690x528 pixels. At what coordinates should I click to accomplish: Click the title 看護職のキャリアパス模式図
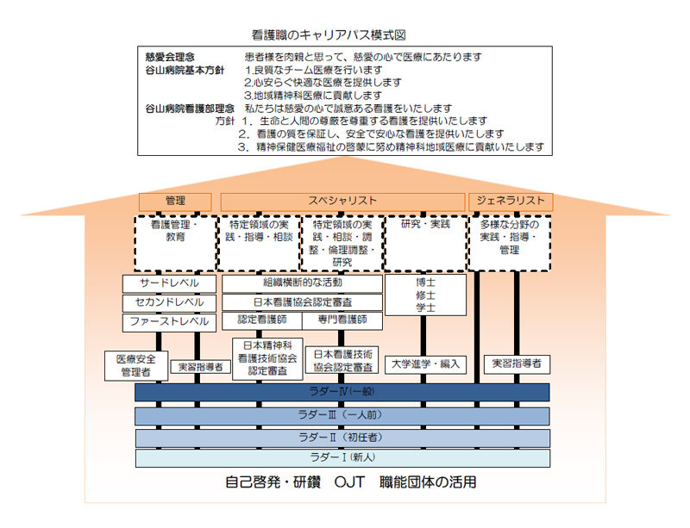tap(329, 35)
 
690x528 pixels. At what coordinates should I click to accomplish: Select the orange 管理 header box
tap(175, 202)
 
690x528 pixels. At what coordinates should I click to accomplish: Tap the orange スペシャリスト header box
tap(342, 202)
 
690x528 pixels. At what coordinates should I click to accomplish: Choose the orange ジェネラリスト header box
tap(511, 202)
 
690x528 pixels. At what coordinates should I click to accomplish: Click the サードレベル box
tap(169, 283)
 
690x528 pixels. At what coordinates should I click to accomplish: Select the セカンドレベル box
tap(169, 303)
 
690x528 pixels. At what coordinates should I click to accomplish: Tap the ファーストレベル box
tap(169, 323)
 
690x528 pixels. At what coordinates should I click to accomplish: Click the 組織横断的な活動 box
tap(303, 283)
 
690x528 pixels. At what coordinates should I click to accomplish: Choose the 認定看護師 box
tap(262, 320)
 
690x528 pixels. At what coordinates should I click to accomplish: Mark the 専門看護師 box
tap(342, 320)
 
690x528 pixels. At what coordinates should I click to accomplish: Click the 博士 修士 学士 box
tap(425, 295)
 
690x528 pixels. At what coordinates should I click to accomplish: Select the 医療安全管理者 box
tap(136, 366)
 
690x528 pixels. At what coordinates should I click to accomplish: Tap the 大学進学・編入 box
tap(425, 365)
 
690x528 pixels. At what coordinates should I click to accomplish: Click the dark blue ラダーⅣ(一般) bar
tap(342, 392)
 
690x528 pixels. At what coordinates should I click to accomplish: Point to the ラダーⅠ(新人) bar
tap(342, 458)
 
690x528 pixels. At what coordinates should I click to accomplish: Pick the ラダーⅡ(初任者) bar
tap(342, 438)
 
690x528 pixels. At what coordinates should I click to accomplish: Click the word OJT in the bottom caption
tap(350, 482)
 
